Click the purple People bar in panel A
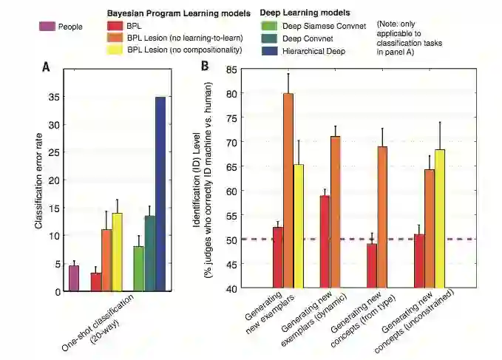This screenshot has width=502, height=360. tap(74, 278)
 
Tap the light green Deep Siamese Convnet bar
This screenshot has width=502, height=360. tap(138, 268)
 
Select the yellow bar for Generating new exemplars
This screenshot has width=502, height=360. tap(299, 225)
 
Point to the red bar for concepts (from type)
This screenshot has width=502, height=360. tap(372, 265)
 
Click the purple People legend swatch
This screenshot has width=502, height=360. tap(48, 27)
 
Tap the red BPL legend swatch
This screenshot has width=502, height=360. tap(115, 26)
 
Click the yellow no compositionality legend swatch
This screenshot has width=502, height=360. tap(115, 50)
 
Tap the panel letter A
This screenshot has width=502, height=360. tap(46, 67)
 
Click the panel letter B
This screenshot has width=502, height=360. tap(205, 66)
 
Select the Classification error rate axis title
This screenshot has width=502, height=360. tap(38, 177)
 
